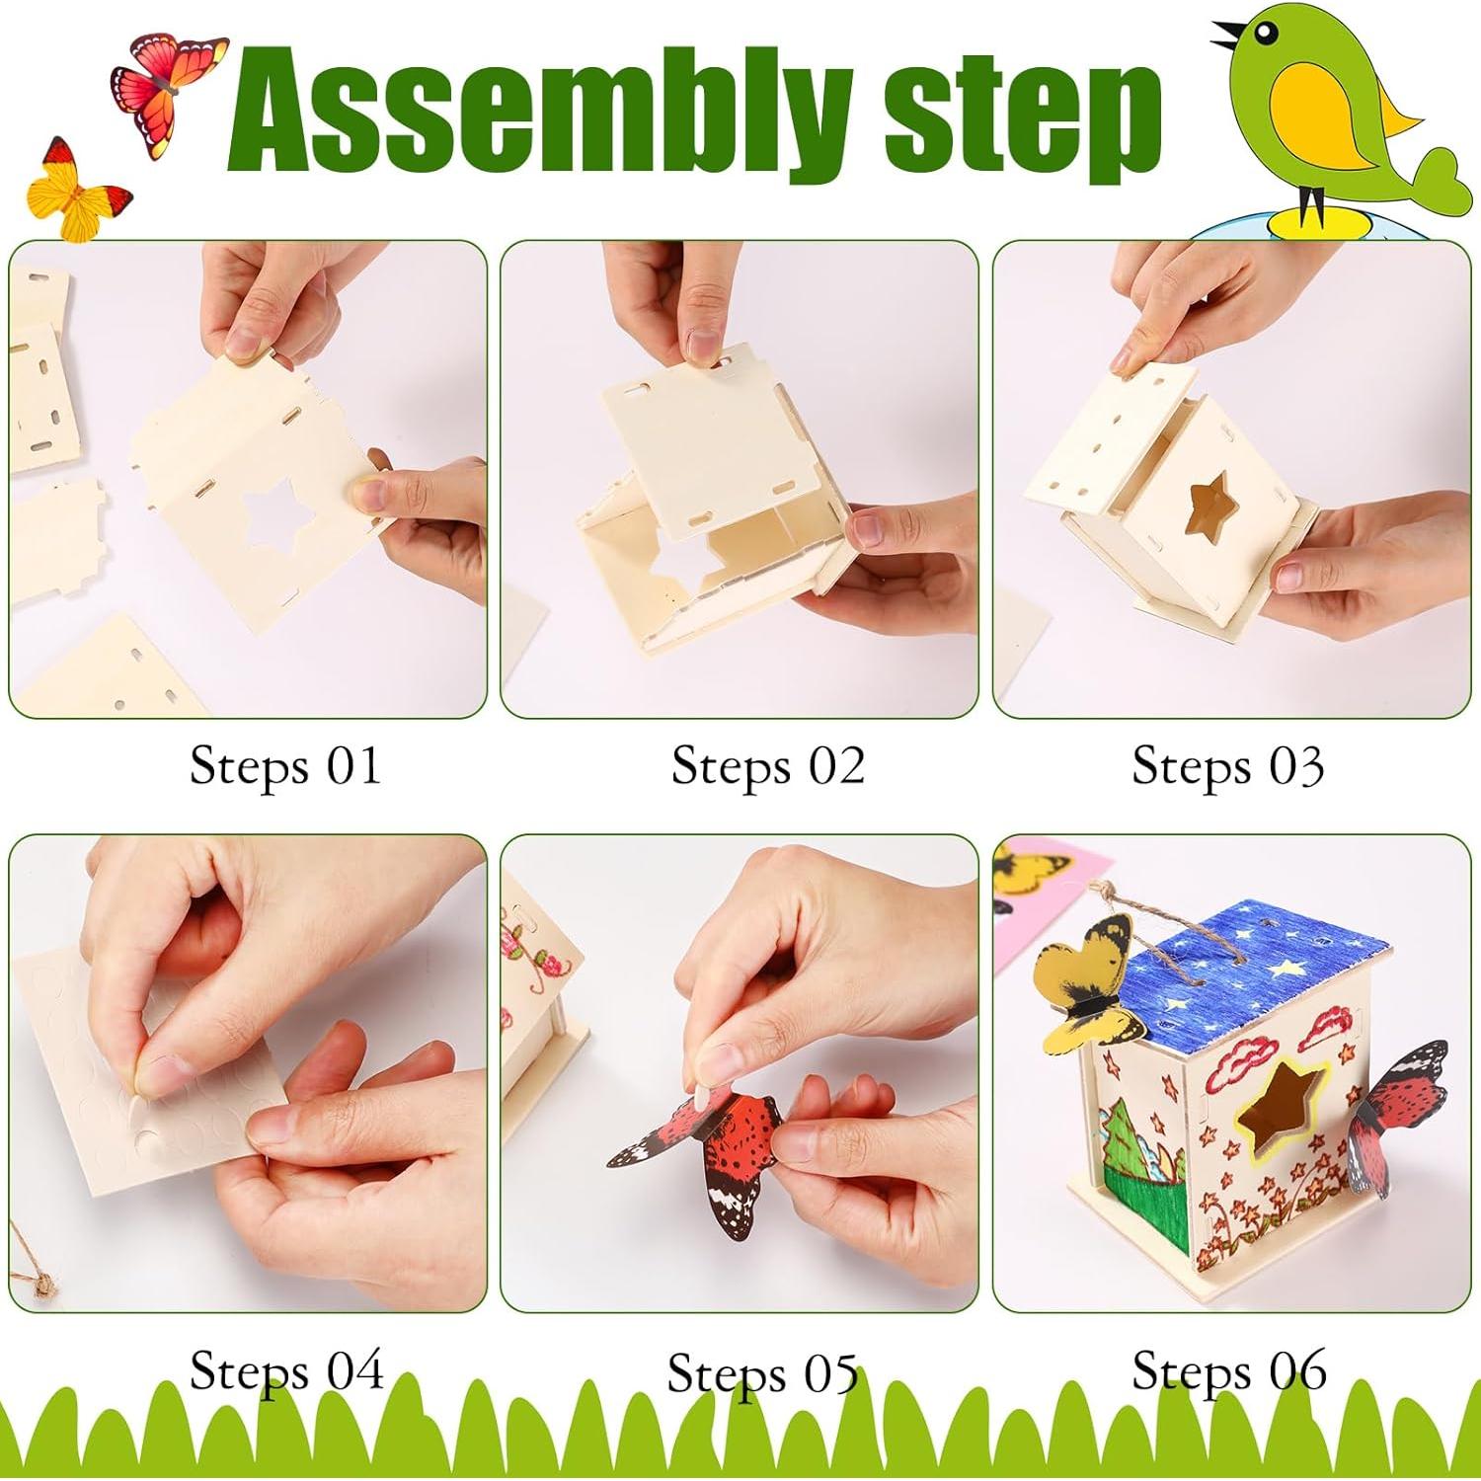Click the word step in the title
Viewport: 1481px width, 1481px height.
(x=1022, y=123)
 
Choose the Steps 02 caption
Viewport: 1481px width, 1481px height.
(x=767, y=765)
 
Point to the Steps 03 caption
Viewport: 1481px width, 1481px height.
(x=1227, y=765)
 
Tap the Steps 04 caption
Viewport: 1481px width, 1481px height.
(x=286, y=1370)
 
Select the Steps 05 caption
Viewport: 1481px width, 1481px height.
(x=761, y=1372)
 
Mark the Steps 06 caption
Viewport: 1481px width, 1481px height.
(x=1228, y=1370)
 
